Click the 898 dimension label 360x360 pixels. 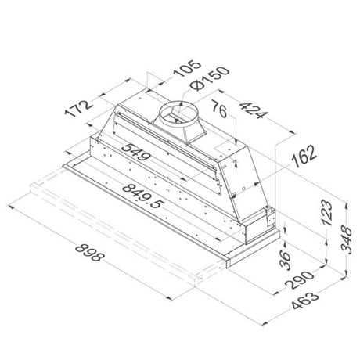(89, 252)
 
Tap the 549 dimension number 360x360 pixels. (136, 151)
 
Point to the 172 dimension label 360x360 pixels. (79, 108)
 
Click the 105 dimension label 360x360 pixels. (187, 68)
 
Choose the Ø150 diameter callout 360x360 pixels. (210, 77)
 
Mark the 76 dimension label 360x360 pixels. (219, 109)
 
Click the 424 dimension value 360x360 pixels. (254, 110)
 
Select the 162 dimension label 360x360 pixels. (304, 156)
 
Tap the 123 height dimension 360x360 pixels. (327, 212)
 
